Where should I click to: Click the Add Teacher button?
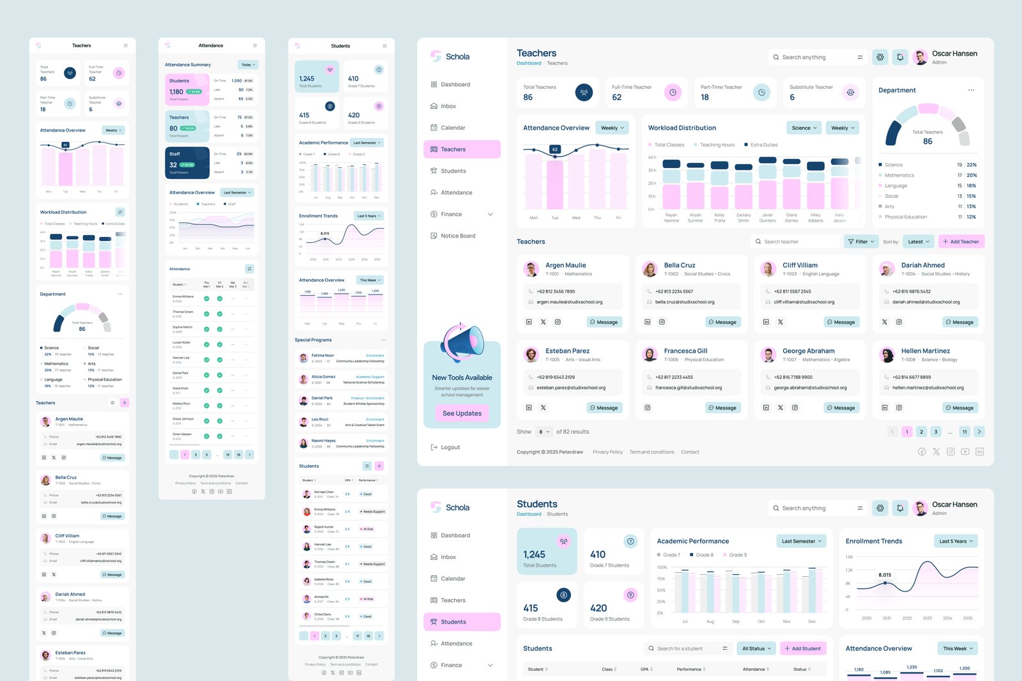click(961, 241)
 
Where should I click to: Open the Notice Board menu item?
click(457, 236)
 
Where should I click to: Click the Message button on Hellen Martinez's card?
click(959, 408)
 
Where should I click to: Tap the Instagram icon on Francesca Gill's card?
click(647, 408)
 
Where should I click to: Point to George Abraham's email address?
click(810, 388)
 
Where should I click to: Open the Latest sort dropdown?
click(919, 241)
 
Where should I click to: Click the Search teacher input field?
click(795, 241)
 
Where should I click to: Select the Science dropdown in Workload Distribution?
click(804, 128)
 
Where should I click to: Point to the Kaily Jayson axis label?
click(839, 218)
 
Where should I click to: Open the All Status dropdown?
click(756, 648)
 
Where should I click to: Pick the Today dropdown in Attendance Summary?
click(248, 65)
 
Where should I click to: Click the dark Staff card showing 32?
click(187, 163)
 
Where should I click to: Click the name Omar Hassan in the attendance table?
click(182, 434)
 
